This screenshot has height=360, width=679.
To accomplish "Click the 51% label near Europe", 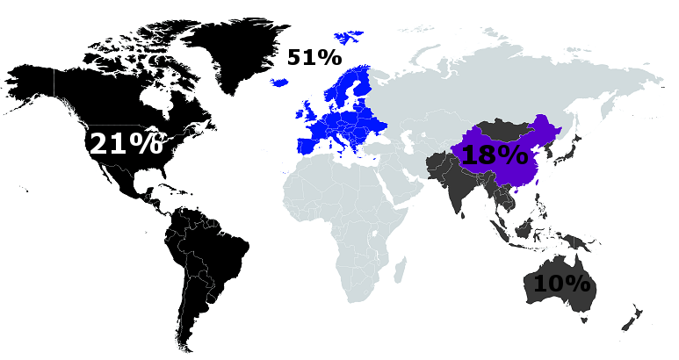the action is click(314, 58).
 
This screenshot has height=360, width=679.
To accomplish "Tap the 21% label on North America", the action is click(126, 143).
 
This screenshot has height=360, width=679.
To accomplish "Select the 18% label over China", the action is click(495, 155).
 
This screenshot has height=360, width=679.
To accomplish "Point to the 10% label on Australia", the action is click(561, 284).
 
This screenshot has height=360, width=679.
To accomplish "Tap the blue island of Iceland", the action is click(280, 82).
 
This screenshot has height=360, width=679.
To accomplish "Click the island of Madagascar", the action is click(401, 269).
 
